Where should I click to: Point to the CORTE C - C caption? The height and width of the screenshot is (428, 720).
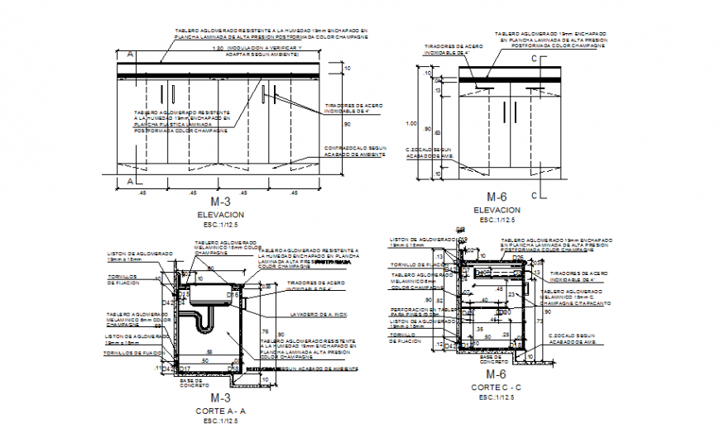[x=496, y=388]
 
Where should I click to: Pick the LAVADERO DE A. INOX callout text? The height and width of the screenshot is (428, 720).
[x=319, y=315]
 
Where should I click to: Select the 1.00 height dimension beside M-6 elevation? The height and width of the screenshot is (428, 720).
[x=410, y=123]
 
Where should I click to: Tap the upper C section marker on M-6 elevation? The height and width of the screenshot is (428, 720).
[x=535, y=59]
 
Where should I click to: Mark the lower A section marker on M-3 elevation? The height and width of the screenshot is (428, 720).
[x=129, y=180]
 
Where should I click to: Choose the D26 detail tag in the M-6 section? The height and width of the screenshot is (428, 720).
[x=516, y=258]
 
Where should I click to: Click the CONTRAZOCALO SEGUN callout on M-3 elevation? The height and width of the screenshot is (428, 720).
[x=355, y=149]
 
